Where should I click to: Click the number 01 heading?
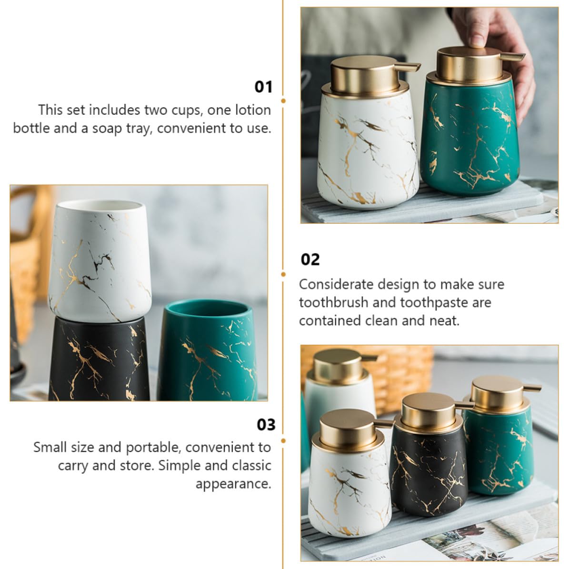263,87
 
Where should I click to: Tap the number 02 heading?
310,260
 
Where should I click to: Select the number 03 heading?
266,425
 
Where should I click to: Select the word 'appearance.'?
233,484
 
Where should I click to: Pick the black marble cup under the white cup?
99,359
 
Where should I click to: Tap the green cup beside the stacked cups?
207,350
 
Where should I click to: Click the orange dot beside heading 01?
283,101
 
